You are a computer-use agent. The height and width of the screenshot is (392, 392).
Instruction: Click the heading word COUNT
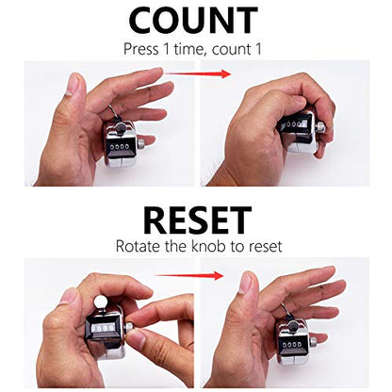pyautogui.click(x=193, y=20)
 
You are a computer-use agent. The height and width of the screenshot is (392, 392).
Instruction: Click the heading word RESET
pyautogui.click(x=197, y=220)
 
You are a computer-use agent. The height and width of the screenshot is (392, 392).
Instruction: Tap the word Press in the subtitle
pyautogui.click(x=141, y=49)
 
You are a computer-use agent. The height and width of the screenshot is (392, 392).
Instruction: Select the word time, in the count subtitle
pyautogui.click(x=190, y=49)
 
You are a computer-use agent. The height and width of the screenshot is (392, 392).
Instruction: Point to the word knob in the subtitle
pyautogui.click(x=208, y=246)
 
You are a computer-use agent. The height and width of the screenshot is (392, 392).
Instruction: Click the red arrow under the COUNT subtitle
pyautogui.click(x=198, y=74)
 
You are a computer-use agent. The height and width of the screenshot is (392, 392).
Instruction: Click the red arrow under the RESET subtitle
pyautogui.click(x=189, y=275)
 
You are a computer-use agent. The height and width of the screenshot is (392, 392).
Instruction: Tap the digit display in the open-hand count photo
pyautogui.click(x=118, y=147)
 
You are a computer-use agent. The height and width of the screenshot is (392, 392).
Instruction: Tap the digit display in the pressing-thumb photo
pyautogui.click(x=294, y=124)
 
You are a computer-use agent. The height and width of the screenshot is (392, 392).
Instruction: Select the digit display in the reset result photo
pyautogui.click(x=292, y=345)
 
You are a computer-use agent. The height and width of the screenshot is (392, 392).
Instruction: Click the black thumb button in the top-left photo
pyautogui.click(x=121, y=128)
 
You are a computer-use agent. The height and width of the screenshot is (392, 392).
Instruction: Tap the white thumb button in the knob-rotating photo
pyautogui.click(x=102, y=302)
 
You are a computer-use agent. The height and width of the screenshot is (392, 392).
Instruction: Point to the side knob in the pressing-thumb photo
pyautogui.click(x=320, y=126)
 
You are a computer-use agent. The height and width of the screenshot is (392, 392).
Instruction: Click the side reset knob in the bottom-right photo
pyautogui.click(x=314, y=342)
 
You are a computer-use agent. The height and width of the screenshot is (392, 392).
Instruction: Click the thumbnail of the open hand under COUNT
pyautogui.click(x=73, y=83)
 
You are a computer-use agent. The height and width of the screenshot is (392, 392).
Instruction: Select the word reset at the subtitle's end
pyautogui.click(x=265, y=246)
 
